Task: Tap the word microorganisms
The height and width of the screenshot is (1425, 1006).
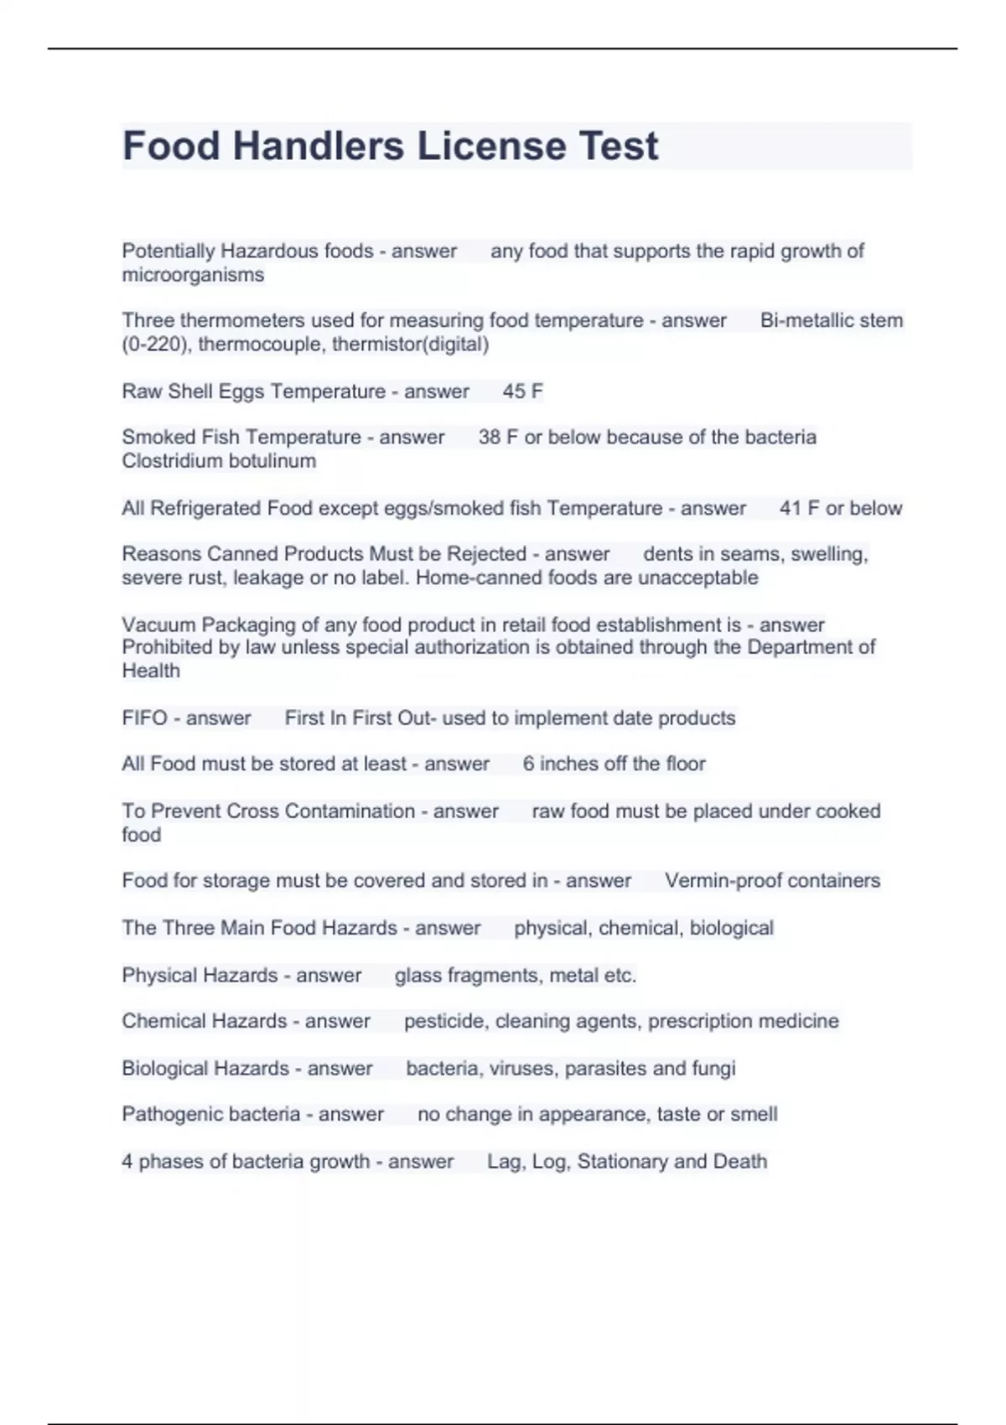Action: (x=193, y=275)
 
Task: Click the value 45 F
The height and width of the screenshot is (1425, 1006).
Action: (x=523, y=391)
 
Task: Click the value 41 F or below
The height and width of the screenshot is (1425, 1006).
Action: (x=841, y=508)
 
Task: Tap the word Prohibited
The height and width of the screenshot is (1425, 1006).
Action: (x=173, y=647)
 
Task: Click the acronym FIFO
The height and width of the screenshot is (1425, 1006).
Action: (x=145, y=718)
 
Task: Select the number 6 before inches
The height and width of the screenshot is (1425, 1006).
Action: (x=528, y=764)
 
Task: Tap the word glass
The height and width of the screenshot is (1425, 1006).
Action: (x=418, y=976)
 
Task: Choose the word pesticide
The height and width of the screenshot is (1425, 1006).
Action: (x=444, y=1021)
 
